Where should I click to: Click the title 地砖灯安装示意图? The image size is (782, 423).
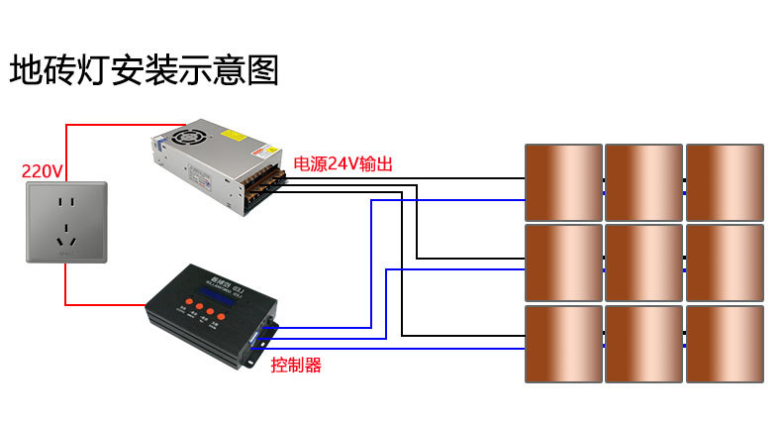(145, 70)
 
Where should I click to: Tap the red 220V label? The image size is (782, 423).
(43, 170)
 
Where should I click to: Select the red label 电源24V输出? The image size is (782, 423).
(343, 164)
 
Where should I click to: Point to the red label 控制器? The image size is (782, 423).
(296, 365)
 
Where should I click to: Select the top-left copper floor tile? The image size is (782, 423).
(563, 182)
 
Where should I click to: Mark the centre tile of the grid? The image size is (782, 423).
(643, 263)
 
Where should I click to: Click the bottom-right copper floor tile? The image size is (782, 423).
(725, 344)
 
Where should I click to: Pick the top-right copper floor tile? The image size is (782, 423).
(725, 182)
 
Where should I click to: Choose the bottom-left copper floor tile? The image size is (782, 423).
(563, 344)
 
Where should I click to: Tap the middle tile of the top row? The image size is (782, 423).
(643, 182)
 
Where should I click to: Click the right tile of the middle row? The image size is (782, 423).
(725, 263)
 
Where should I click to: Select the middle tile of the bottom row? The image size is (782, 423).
(643, 344)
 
